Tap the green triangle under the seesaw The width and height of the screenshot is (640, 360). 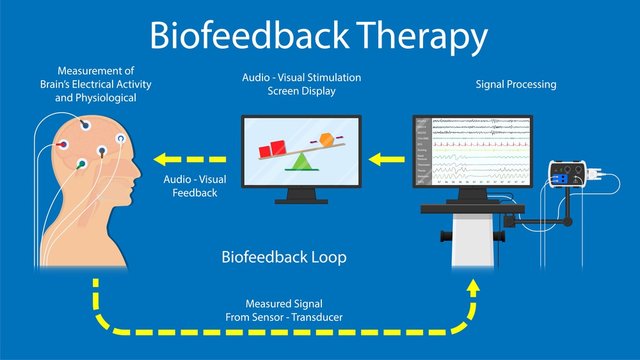click(x=297, y=160)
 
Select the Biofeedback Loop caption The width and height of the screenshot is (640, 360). click(x=283, y=257)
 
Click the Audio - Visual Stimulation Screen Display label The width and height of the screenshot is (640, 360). click(x=300, y=84)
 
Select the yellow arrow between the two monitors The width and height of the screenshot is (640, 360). click(x=384, y=157)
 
